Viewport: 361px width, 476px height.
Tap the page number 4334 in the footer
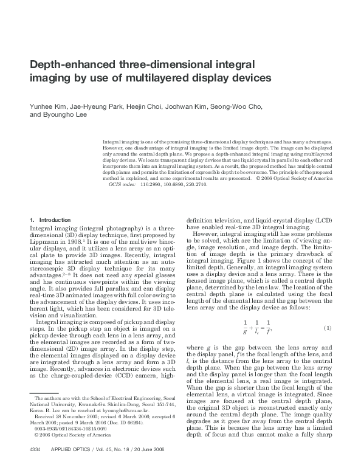coord(35,466)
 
